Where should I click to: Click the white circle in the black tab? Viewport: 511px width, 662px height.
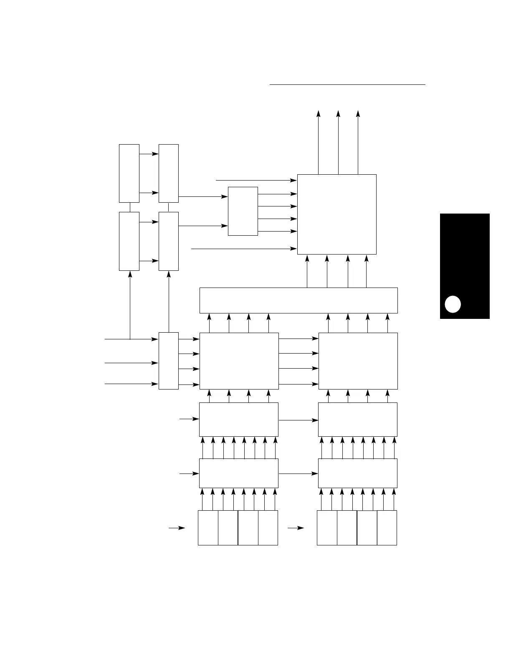(453, 304)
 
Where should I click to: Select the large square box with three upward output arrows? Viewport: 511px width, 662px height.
(336, 214)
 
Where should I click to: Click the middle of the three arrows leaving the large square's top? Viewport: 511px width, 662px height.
(338, 142)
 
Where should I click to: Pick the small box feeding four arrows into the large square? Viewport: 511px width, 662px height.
(243, 211)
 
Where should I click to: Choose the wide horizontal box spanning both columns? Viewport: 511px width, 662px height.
(299, 300)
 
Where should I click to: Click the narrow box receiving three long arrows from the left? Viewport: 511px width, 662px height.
(169, 361)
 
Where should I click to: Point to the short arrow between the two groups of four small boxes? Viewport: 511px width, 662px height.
(296, 528)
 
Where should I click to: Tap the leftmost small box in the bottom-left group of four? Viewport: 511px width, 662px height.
(208, 527)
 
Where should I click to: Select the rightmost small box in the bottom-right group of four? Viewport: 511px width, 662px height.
(387, 527)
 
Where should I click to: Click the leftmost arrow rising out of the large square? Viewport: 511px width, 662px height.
(318, 142)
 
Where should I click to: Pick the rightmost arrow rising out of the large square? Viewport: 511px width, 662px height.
(358, 142)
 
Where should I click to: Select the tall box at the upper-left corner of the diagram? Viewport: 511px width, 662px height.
(129, 173)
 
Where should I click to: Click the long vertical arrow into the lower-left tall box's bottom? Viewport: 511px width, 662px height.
(130, 305)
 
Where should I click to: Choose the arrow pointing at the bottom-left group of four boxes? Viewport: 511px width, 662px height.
(177, 528)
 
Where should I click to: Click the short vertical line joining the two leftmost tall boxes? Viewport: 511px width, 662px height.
(130, 207)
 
